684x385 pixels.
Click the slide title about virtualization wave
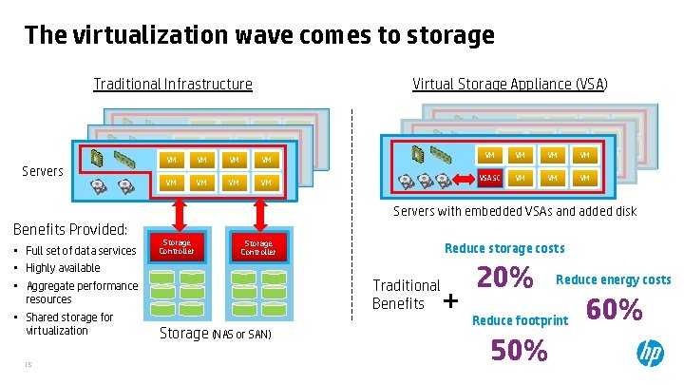coord(259,36)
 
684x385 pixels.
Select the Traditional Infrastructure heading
coord(173,84)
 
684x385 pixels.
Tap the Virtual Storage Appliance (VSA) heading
coord(510,84)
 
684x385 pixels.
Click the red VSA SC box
coord(489,178)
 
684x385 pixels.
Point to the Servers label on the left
coord(43,171)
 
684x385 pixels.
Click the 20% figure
coord(504,278)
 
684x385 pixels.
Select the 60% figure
coord(615,310)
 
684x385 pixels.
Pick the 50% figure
coord(519,351)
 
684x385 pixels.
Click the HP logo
coord(651,354)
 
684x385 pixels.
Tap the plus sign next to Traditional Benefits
coord(450,301)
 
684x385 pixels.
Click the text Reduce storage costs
coord(504,248)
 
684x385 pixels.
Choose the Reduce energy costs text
coord(613,279)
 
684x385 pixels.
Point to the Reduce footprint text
coord(520,320)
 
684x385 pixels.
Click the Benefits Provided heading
coord(69,229)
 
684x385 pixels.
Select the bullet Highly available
coord(63,268)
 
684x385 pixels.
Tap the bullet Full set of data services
coord(81,251)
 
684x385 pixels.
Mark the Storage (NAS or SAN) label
coord(215,334)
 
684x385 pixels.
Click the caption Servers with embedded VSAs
coord(515,211)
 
